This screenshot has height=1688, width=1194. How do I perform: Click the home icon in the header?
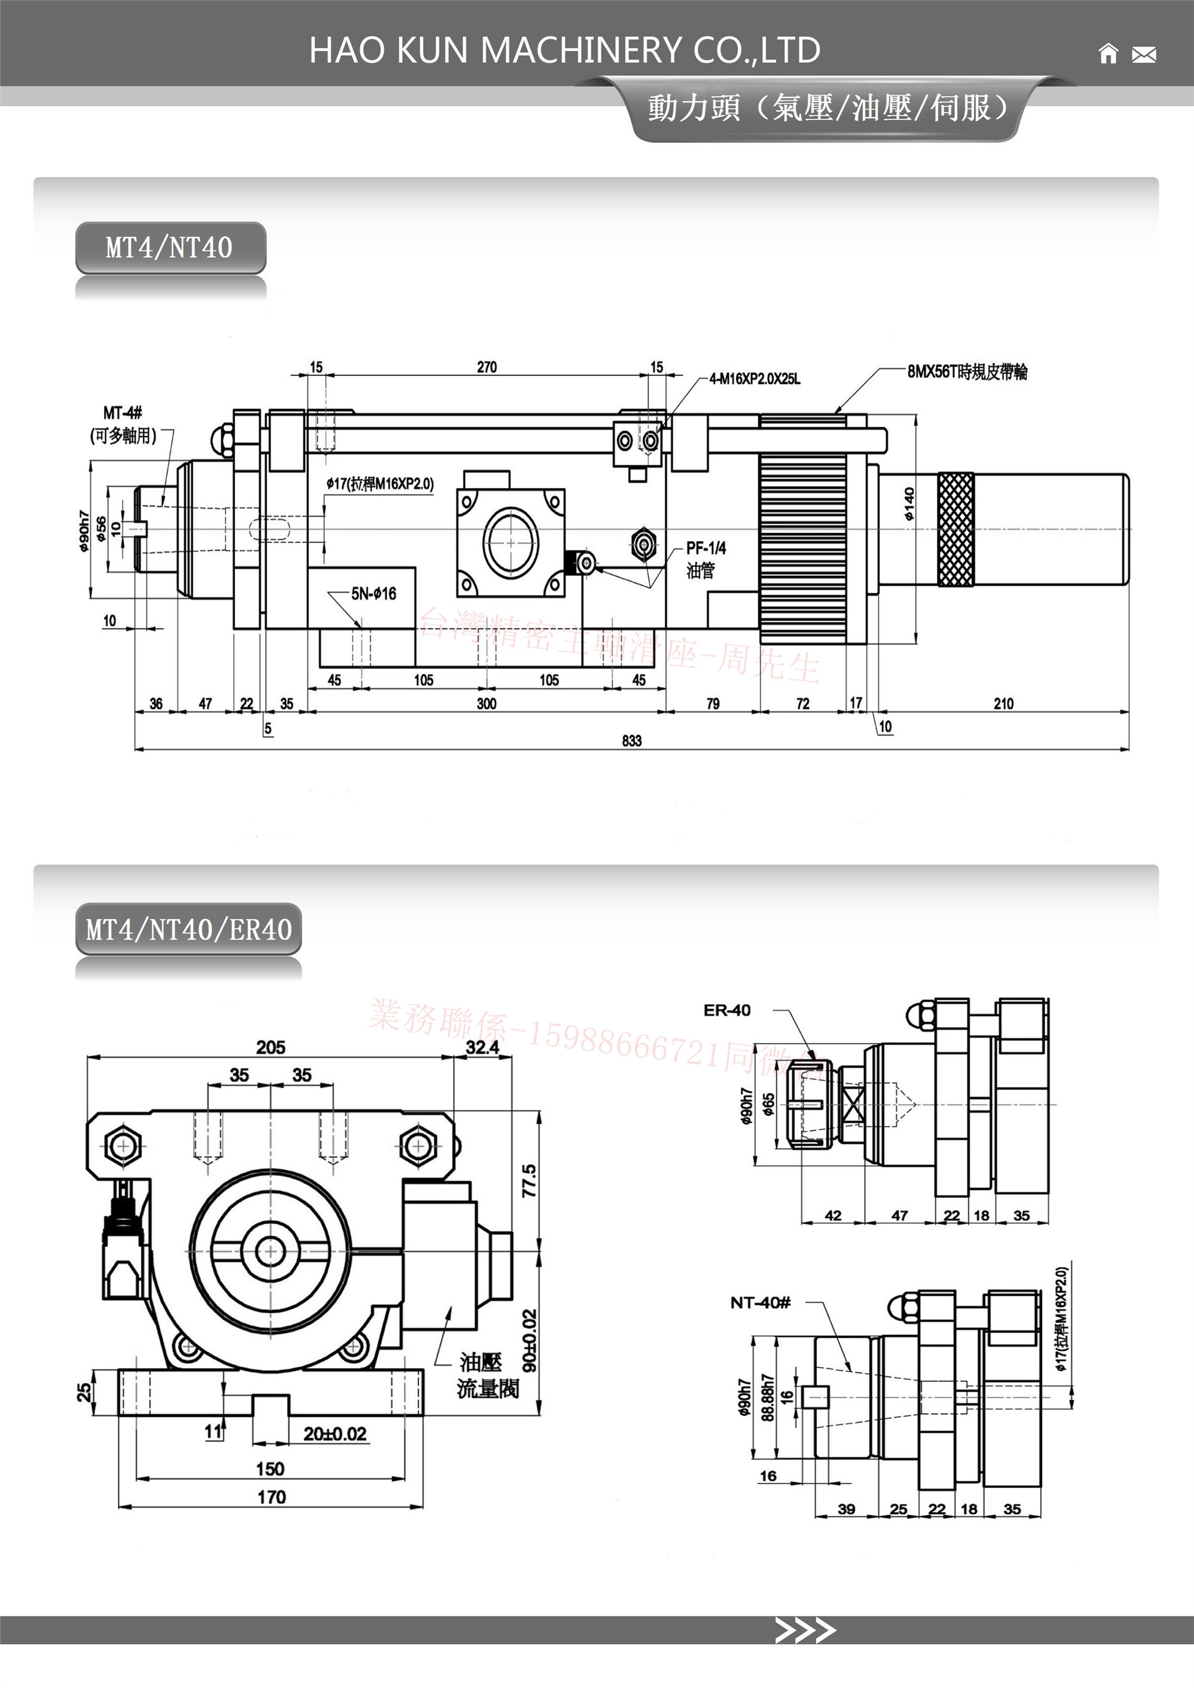coord(1107,54)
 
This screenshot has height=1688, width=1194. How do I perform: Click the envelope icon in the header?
coord(1143,54)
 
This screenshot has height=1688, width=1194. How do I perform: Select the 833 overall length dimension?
coord(631,740)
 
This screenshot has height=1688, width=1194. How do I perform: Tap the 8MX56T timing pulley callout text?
coord(967,371)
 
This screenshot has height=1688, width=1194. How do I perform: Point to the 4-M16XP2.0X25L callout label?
coord(754,379)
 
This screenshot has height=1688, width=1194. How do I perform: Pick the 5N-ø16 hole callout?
coord(374,593)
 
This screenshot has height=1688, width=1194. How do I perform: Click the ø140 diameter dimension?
coord(909,504)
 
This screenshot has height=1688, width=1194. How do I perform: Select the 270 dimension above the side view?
coord(487,366)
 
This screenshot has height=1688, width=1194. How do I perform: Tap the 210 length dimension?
coord(1003,704)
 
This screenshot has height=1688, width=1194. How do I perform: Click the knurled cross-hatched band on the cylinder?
coord(956,529)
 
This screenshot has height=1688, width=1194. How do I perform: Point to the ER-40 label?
coord(726,1010)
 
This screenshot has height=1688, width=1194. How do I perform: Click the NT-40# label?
coord(760,1303)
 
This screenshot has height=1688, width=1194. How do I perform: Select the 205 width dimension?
coord(271,1047)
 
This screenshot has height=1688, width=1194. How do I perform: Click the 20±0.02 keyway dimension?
coord(335,1434)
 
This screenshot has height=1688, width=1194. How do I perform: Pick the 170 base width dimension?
coord(271,1497)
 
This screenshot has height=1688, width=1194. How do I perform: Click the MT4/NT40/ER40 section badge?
coord(189,929)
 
